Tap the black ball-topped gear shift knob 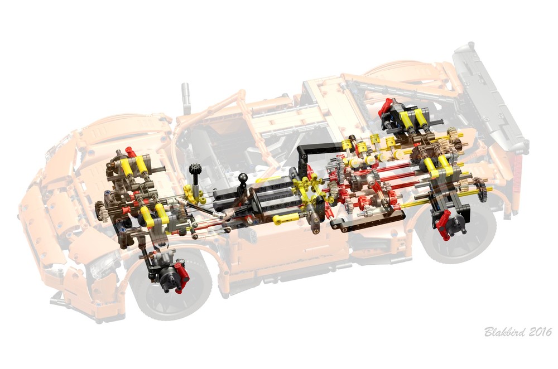(243, 178)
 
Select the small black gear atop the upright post (195, 168)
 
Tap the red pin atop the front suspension (130, 151)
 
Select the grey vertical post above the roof (185, 98)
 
